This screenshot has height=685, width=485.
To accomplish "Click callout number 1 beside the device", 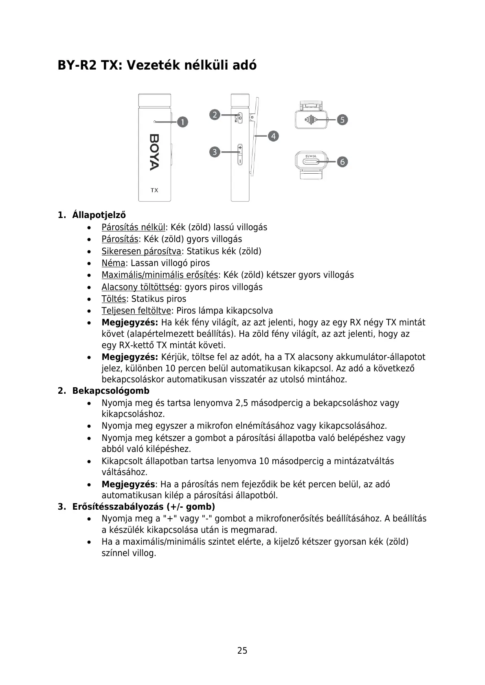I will (x=182, y=122).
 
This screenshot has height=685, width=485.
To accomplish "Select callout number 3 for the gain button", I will (x=215, y=152).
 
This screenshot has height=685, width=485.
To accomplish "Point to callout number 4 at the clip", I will (x=273, y=136).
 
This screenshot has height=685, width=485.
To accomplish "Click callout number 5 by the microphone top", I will (x=342, y=120).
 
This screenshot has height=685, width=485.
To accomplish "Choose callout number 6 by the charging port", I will (x=342, y=161).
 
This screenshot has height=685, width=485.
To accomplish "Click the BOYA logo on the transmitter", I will (x=154, y=152).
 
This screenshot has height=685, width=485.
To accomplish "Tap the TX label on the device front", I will (x=154, y=190).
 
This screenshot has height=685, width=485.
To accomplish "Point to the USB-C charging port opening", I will (x=311, y=162).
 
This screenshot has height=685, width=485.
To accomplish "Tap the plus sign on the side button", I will (x=240, y=147).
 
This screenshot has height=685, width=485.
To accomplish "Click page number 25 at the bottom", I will (x=242, y=650).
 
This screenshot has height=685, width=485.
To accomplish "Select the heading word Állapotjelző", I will (x=99, y=215).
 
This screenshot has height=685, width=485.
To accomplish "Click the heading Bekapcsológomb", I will (x=111, y=391).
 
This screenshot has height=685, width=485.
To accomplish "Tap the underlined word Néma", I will (x=113, y=263).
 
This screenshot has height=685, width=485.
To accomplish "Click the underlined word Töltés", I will (x=114, y=299).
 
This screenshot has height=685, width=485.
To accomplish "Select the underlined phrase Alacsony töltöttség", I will (x=140, y=287).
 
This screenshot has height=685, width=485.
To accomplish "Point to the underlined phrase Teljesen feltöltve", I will (x=136, y=311).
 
